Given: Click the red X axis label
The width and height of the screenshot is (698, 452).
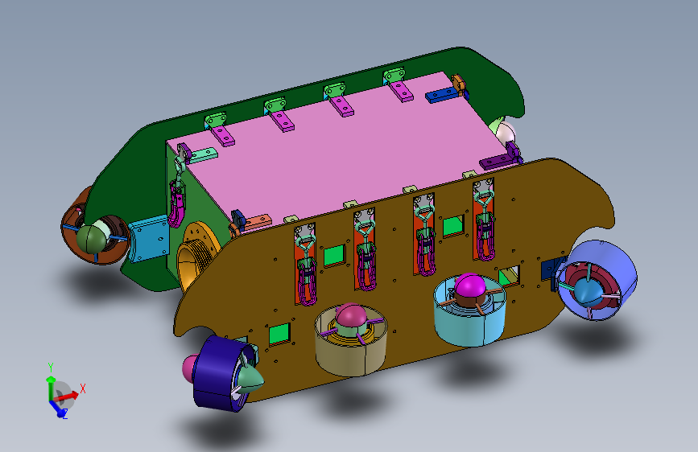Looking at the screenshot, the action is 82,388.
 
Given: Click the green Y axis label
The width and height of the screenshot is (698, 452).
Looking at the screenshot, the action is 51,368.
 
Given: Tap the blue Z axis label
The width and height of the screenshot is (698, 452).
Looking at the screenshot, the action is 64,415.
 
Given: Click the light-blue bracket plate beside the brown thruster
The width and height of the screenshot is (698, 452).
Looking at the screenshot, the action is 149,238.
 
